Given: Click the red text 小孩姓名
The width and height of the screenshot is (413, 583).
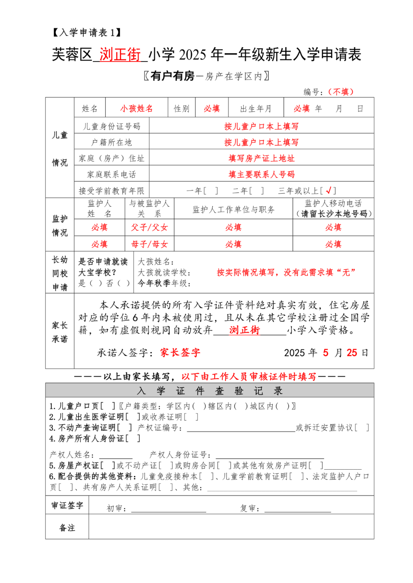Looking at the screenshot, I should (x=137, y=108).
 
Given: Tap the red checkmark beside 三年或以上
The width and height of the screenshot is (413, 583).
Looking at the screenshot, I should (x=328, y=190).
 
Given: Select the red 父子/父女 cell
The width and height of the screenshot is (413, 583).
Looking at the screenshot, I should (x=150, y=228).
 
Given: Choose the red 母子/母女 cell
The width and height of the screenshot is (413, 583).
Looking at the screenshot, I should (x=150, y=244).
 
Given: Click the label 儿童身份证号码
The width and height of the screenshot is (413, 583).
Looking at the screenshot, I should (x=112, y=126).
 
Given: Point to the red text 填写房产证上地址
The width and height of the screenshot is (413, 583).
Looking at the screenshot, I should (x=262, y=158).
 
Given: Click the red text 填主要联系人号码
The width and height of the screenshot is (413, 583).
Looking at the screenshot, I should (x=262, y=174).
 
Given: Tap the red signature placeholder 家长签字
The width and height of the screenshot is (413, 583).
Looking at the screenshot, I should (x=180, y=352).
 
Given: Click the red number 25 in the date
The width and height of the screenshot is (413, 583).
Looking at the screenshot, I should (x=352, y=352).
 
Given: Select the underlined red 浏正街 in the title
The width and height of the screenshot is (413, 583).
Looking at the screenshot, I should (x=120, y=55).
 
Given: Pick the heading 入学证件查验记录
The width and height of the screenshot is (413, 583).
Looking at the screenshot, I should (x=210, y=391).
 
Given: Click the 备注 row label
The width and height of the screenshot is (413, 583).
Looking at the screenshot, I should (x=67, y=528).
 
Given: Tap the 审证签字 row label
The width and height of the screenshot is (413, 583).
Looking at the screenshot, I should (x=67, y=505).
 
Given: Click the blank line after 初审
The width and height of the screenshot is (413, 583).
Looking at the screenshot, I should (x=168, y=509).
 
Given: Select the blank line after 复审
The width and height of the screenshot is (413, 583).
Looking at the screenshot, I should (x=298, y=509).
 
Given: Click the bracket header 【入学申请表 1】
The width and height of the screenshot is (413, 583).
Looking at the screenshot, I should (x=87, y=32).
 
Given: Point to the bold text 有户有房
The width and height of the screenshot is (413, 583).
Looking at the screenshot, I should (x=172, y=76).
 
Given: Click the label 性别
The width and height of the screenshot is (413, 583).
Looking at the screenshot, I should (x=182, y=108).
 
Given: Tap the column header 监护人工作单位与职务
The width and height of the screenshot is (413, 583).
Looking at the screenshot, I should (x=234, y=209).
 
